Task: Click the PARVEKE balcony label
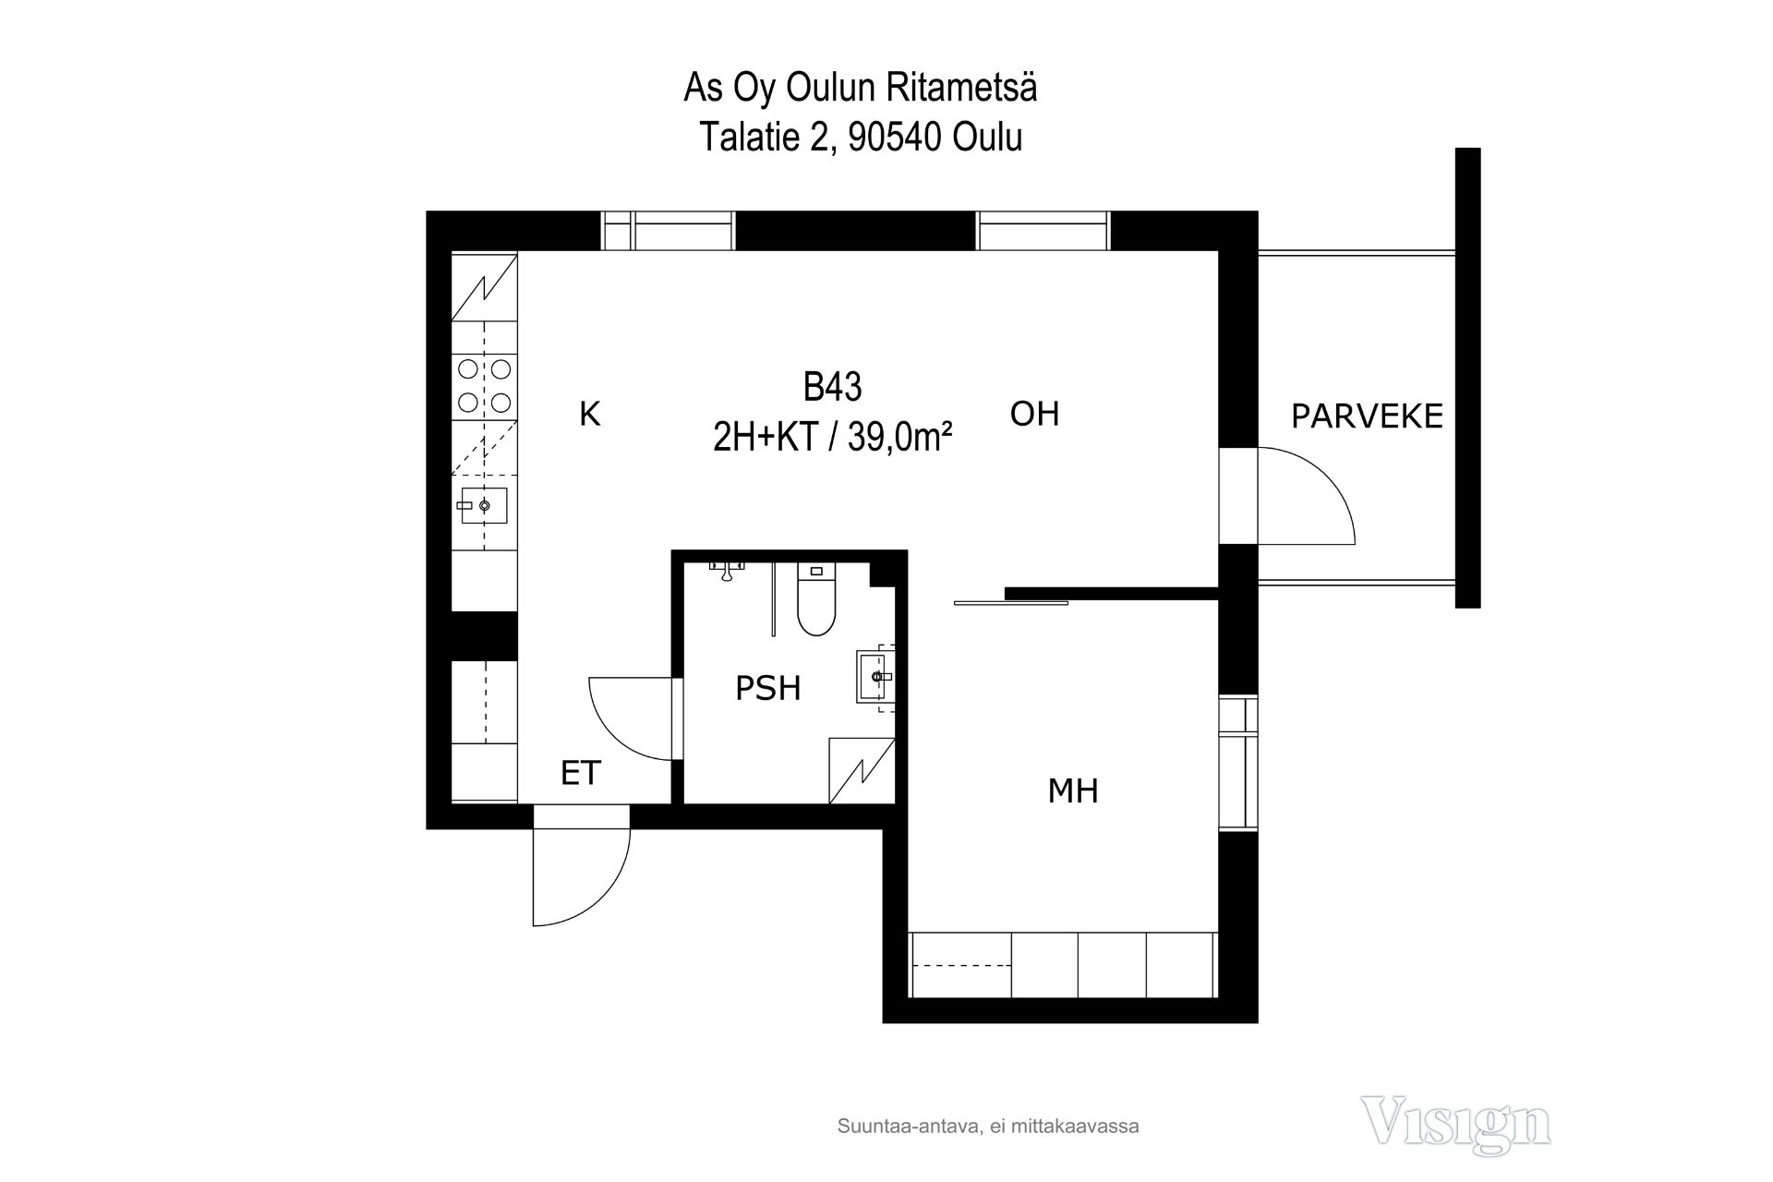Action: [x=1367, y=416]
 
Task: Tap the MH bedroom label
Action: [x=1073, y=790]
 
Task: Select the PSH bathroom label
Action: [x=767, y=688]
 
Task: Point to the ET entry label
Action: [x=581, y=773]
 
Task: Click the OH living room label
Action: [x=1034, y=414]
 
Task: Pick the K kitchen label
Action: [x=589, y=414]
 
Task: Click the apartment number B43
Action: [x=832, y=387]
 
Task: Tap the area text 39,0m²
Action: [x=899, y=437]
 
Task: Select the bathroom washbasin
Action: [x=875, y=677]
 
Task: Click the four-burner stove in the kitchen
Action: [x=485, y=385]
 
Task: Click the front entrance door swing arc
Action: [x=602, y=895]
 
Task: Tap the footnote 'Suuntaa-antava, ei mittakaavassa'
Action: [x=988, y=1127]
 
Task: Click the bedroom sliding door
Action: [x=1010, y=603]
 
